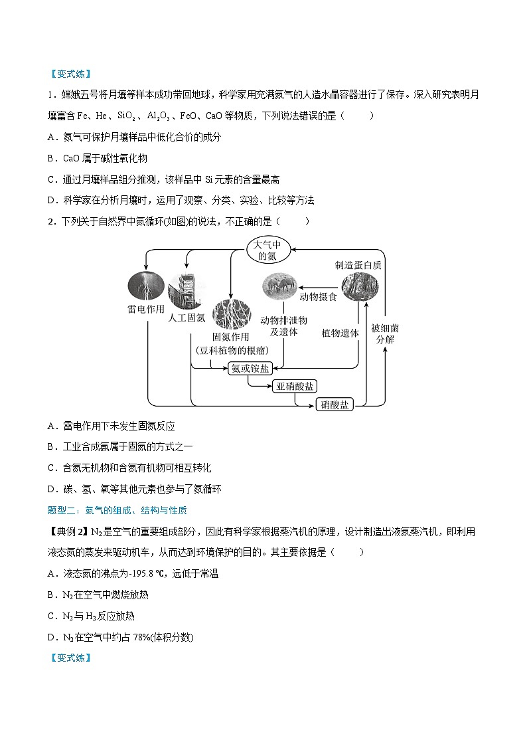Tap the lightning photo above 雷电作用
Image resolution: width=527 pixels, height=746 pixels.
pyautogui.click(x=145, y=286)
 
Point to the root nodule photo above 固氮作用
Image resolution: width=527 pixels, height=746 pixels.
pyautogui.click(x=230, y=314)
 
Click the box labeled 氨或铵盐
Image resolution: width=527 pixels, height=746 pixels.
pyautogui.click(x=250, y=369)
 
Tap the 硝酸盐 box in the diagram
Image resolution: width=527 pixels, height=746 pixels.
pyautogui.click(x=334, y=404)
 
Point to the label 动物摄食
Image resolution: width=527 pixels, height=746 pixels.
pyautogui.click(x=318, y=297)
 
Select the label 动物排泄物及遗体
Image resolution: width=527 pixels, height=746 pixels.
pyautogui.click(x=283, y=326)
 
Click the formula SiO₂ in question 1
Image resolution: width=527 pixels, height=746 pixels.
pyautogui.click(x=125, y=116)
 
